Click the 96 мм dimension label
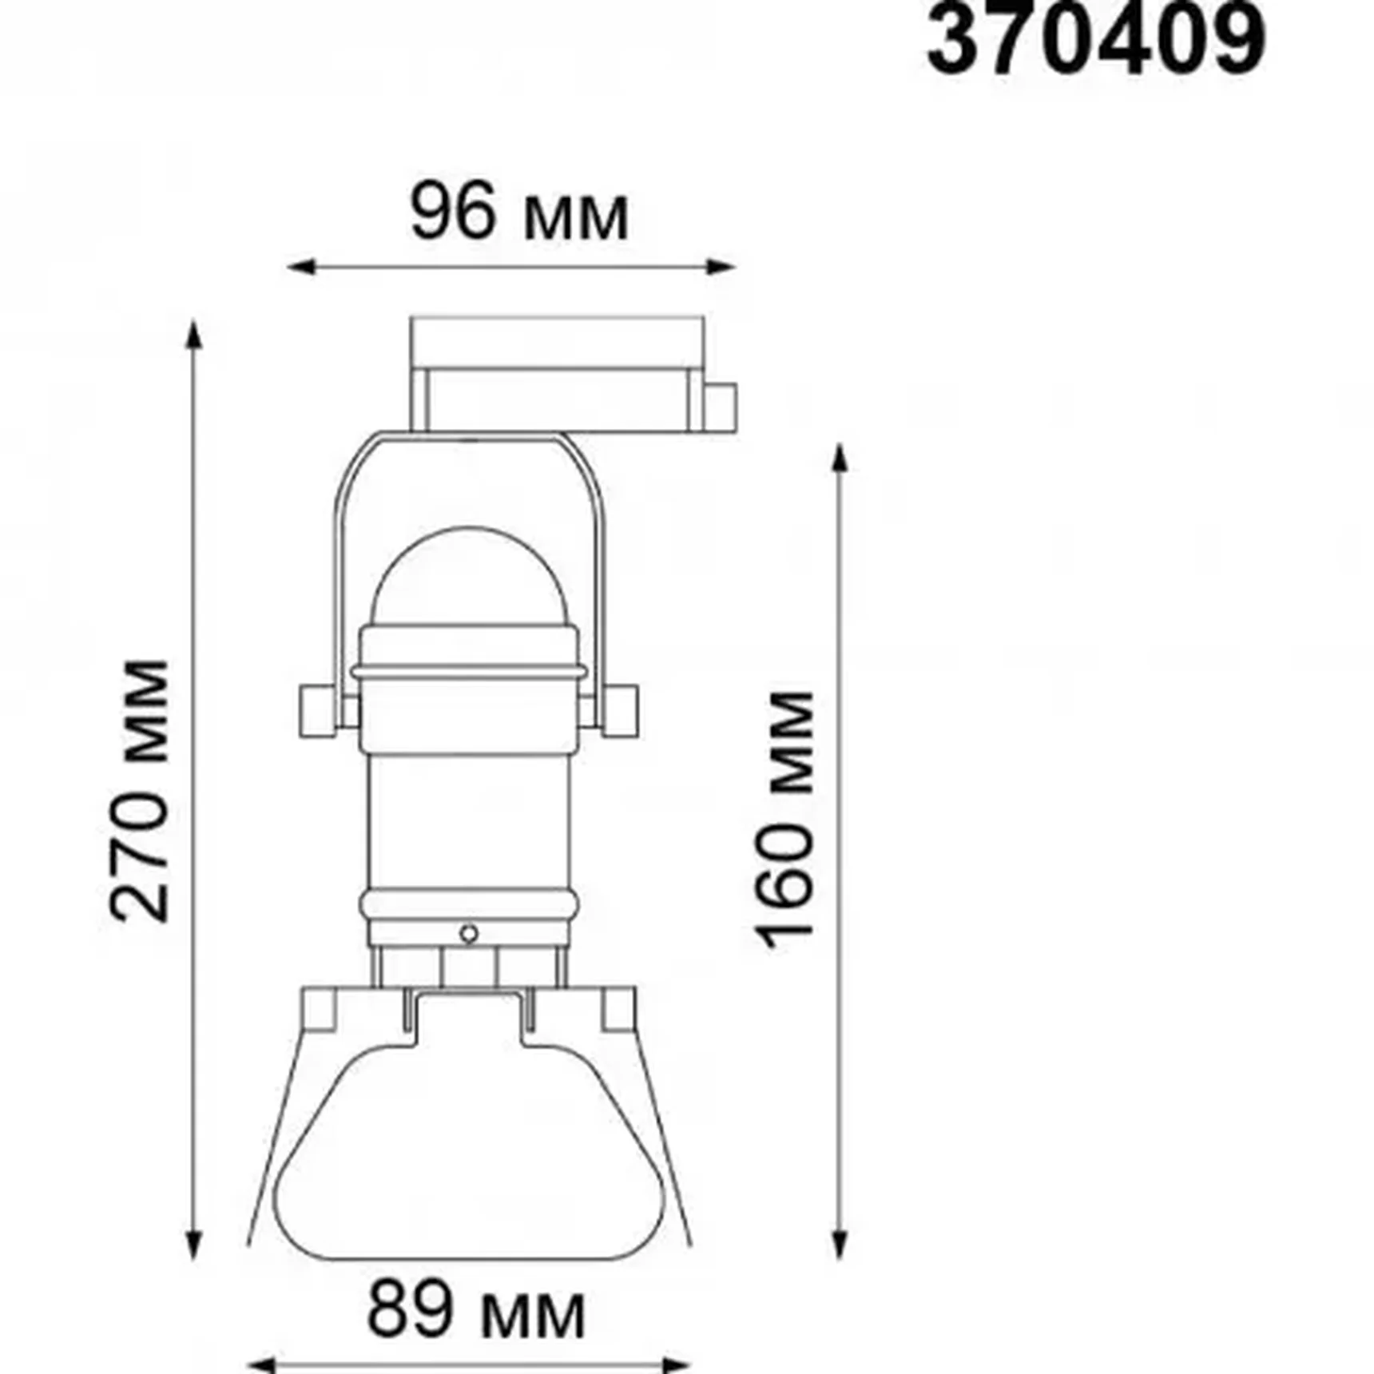tap(519, 214)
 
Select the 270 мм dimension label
tap(141, 791)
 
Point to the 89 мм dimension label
tap(476, 1311)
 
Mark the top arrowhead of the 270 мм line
tap(193, 333)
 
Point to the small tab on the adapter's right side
tap(721, 407)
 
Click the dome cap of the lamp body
tap(470, 579)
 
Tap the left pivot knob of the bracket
tap(315, 710)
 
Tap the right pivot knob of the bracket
tap(622, 710)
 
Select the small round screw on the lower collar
tap(469, 934)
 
